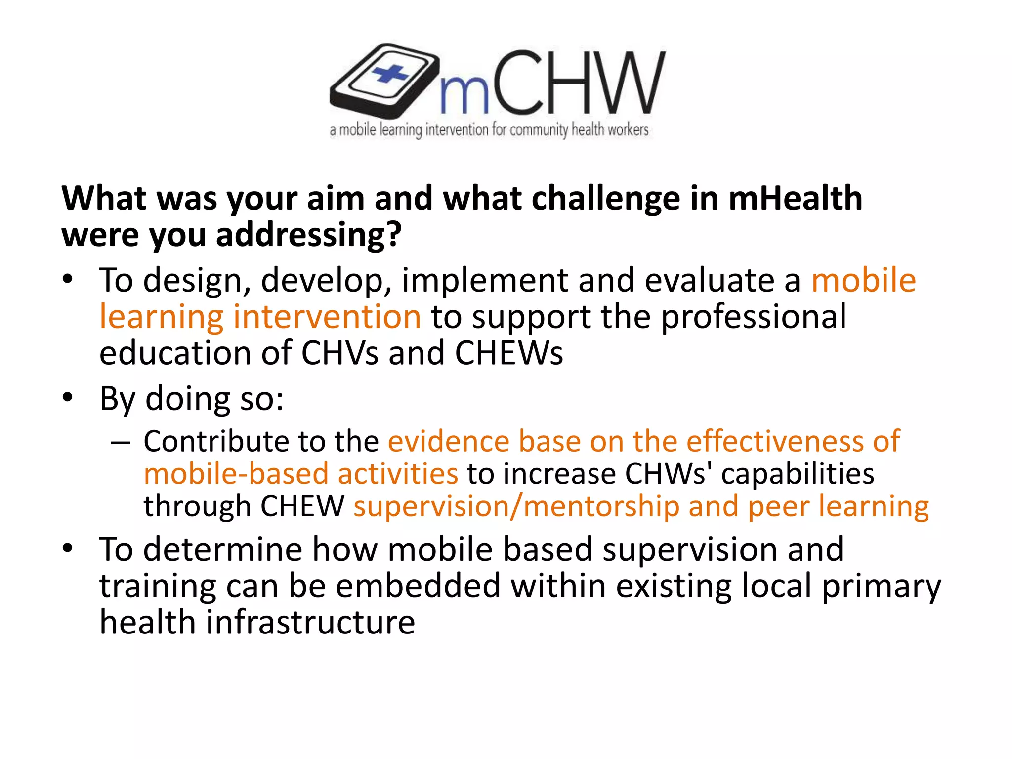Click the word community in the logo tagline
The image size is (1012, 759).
(x=539, y=130)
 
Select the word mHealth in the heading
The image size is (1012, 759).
(x=795, y=198)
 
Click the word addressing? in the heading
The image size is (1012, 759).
(x=309, y=235)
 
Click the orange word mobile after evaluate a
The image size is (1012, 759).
(x=863, y=280)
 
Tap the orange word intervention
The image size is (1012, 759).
(x=327, y=317)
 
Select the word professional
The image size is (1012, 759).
(x=754, y=317)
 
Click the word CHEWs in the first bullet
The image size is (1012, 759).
(x=508, y=353)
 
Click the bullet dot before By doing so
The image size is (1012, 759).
(x=68, y=397)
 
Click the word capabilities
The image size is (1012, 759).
(x=798, y=474)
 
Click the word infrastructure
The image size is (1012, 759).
(x=310, y=622)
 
